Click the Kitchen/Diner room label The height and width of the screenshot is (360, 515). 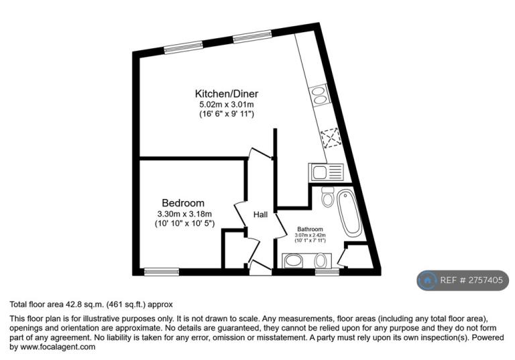[x=227, y=94]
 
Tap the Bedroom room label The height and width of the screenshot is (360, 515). [x=183, y=202]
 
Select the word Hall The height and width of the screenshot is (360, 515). [x=260, y=215]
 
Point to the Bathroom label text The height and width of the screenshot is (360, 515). [x=310, y=229]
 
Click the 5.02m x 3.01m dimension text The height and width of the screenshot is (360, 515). [x=227, y=105]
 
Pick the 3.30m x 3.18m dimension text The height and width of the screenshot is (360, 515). [x=184, y=214]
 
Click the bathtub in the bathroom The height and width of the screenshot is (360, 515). [x=349, y=214]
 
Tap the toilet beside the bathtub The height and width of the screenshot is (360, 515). [x=327, y=196]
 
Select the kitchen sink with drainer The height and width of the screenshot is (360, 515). [x=326, y=172]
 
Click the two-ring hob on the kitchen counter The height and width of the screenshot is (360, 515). [x=319, y=95]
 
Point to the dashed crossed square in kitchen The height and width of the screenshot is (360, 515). [x=331, y=138]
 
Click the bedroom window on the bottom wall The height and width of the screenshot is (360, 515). [x=162, y=272]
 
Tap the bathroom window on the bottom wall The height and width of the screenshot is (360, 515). [x=327, y=272]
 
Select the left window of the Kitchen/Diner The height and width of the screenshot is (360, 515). [x=184, y=47]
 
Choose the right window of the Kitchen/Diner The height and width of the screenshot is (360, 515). [x=252, y=36]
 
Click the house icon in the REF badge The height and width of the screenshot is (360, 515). [x=427, y=280]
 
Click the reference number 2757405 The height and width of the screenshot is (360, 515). [x=485, y=280]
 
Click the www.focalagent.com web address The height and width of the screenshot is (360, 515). [x=58, y=347]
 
